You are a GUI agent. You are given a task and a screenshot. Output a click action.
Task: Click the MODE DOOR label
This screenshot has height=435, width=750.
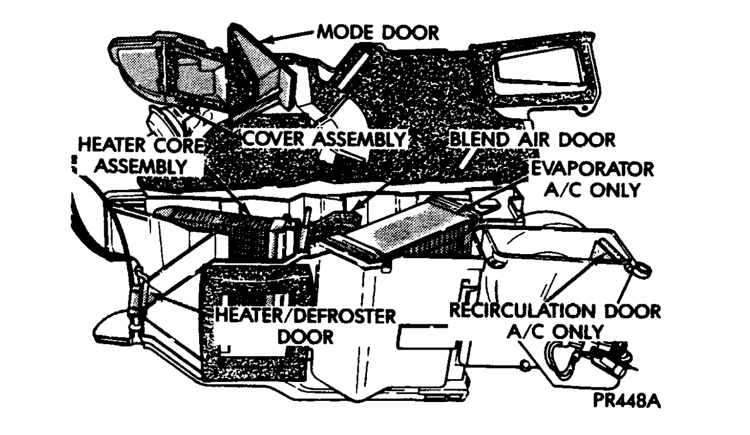(x=378, y=34)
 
